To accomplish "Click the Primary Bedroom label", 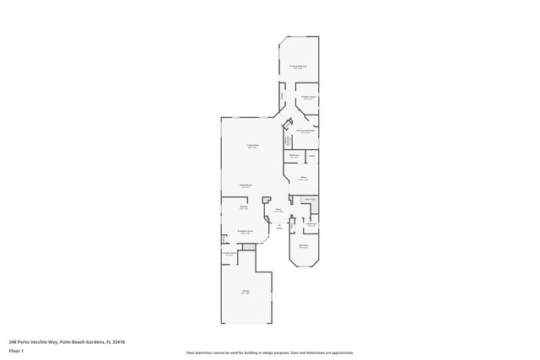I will click(x=298, y=66).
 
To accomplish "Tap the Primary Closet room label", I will click(x=309, y=98).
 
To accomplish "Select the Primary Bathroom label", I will click(x=305, y=131).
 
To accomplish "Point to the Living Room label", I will click(x=251, y=145).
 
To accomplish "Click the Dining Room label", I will click(x=246, y=185).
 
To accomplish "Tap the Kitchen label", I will click(x=243, y=208).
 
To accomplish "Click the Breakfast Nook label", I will click(x=244, y=233).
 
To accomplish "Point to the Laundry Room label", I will click(x=228, y=254).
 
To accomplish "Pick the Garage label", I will click(x=246, y=292).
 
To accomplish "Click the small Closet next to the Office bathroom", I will click(x=311, y=156).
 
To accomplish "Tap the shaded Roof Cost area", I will click(x=310, y=200).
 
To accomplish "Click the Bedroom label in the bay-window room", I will click(x=303, y=246).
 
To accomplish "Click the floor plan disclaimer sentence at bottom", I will click(x=269, y=352).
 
